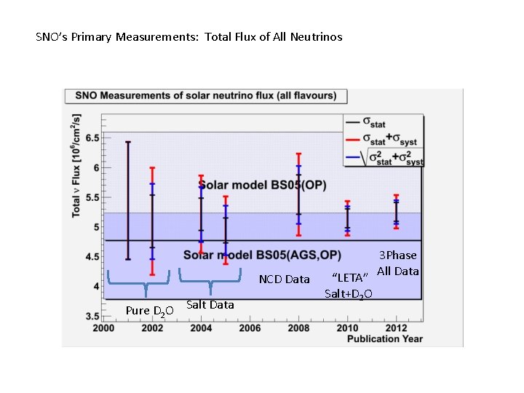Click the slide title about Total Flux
188,36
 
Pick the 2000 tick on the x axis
103,328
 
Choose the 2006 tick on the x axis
250,328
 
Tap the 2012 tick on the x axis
396,328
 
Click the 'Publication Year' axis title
384,338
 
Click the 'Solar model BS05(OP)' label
263,186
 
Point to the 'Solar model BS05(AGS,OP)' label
262,255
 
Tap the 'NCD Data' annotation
284,279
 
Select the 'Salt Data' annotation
210,305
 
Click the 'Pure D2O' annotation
149,311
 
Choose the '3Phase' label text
398,255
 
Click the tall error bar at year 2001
128,200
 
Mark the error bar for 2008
298,194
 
